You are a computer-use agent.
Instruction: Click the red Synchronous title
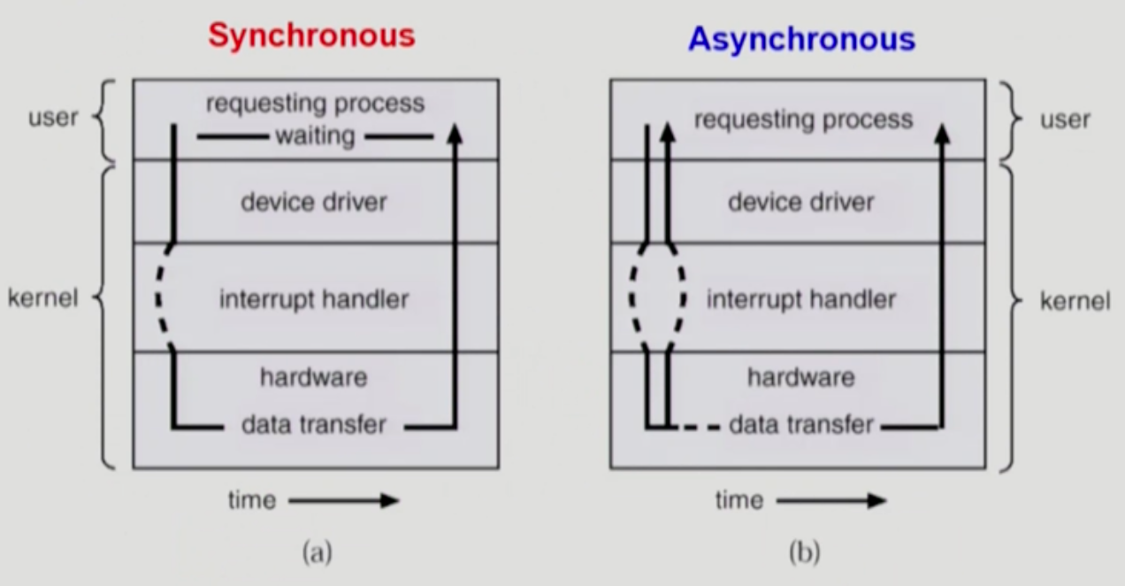tap(310, 35)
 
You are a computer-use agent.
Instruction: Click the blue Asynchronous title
tap(801, 39)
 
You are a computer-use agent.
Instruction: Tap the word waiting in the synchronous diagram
tap(315, 136)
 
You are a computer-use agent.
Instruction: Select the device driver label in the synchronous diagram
tap(314, 202)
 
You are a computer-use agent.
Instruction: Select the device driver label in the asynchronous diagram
tap(801, 202)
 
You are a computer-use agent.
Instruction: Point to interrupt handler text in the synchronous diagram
tap(314, 299)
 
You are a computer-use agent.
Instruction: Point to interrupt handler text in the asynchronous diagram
tap(801, 299)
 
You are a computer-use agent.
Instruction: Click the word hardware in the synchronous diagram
tap(313, 378)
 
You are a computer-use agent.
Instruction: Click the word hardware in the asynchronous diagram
tap(801, 378)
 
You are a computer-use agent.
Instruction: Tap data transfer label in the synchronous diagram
tap(314, 425)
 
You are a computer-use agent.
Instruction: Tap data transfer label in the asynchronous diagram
tap(801, 425)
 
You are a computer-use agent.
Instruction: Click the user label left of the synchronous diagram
tap(53, 118)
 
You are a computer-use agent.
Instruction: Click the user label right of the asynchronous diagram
tap(1066, 120)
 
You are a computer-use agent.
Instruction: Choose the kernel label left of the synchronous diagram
tap(42, 298)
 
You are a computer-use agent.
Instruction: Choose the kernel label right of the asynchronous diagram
tap(1075, 301)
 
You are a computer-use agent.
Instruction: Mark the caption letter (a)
tap(317, 554)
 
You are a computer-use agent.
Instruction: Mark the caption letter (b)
tap(804, 554)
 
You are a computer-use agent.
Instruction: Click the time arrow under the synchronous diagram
tap(343, 501)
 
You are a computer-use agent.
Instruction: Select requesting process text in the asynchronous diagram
tap(803, 120)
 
